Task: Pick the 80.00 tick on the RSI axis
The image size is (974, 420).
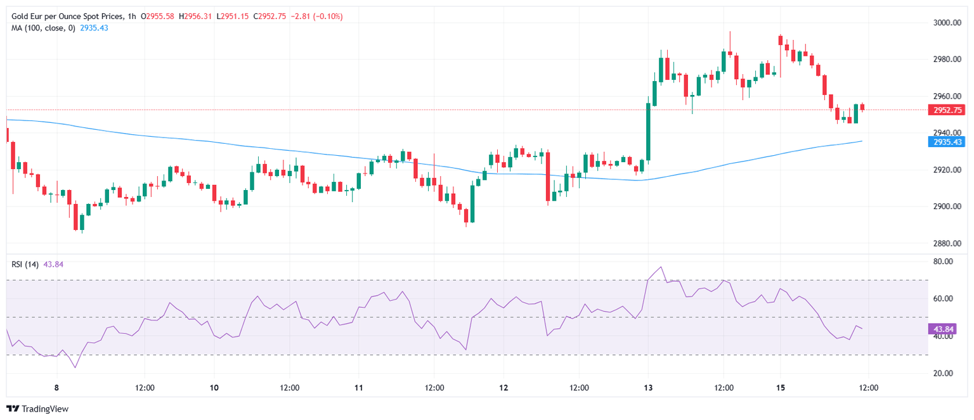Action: [x=945, y=262]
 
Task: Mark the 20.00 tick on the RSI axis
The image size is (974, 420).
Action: [x=945, y=373]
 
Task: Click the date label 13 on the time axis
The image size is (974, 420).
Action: [x=647, y=388]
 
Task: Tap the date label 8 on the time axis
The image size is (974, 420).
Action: [x=56, y=388]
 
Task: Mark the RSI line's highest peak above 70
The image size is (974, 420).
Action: [x=661, y=267]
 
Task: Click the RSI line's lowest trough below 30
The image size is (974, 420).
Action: [x=75, y=367]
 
